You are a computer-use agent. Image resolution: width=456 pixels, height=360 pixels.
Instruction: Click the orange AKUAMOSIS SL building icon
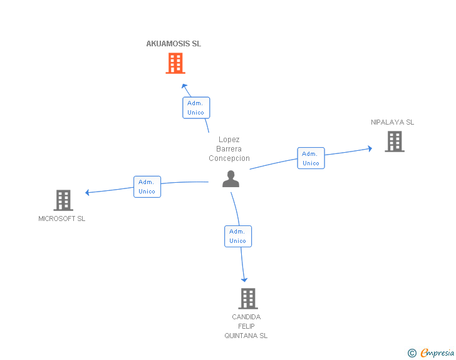point(175,63)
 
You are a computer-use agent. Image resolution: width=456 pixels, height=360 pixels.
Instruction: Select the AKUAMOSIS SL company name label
point(174,44)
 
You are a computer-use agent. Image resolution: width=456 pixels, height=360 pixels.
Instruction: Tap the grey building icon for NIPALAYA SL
point(394,141)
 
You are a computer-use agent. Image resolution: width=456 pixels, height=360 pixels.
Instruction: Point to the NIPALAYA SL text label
point(392,122)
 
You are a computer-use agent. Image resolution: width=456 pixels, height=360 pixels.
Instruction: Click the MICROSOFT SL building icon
point(63,200)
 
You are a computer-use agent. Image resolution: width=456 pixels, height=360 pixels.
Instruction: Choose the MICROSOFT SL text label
point(61,219)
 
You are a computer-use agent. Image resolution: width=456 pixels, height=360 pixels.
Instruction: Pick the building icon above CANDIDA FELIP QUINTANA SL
point(248,299)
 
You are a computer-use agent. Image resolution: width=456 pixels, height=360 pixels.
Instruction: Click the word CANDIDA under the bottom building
point(246,317)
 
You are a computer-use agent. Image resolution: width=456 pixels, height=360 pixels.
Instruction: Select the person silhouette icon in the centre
point(231,178)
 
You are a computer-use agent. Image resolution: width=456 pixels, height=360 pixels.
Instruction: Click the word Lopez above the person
point(229,140)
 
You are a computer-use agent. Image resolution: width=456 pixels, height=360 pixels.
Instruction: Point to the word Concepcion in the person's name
point(229,158)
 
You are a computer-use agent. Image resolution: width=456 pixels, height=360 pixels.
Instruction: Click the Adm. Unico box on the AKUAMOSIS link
point(196,108)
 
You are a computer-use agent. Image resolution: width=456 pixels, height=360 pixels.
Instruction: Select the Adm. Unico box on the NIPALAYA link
point(311,158)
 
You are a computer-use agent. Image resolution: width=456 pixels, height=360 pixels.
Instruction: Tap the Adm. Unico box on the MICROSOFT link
point(147,187)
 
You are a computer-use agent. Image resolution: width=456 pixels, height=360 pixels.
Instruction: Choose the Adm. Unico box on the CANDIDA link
point(238,236)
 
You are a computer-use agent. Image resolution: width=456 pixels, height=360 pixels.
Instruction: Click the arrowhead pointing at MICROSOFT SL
point(88,192)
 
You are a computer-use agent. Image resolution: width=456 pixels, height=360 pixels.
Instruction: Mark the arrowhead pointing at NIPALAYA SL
point(370,148)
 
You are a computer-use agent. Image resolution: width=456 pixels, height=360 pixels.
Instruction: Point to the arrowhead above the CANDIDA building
point(244,279)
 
